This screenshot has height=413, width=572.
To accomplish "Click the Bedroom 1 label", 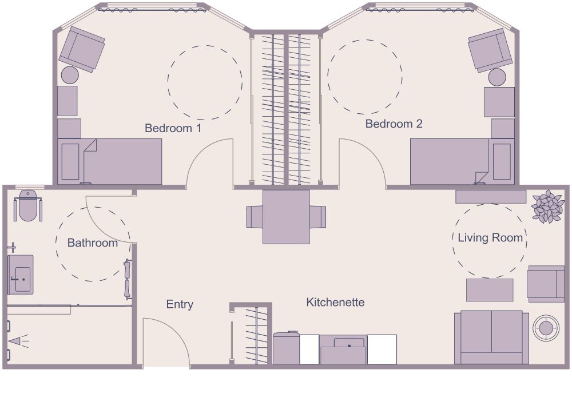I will click(x=173, y=128).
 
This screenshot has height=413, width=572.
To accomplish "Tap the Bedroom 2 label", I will click(x=394, y=124).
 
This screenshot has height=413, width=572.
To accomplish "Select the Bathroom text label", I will click(x=92, y=243).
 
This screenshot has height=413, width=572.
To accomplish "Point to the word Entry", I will click(x=180, y=304).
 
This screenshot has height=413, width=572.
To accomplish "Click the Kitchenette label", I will click(x=335, y=302).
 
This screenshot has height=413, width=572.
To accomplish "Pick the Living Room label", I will click(x=490, y=238).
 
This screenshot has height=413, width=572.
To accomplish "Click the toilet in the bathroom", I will click(x=27, y=206).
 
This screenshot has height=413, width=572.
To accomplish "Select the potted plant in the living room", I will click(x=547, y=206).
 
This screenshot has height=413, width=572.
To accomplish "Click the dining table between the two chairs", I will click(x=286, y=217).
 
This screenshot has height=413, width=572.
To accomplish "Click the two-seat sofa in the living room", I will click(x=491, y=337).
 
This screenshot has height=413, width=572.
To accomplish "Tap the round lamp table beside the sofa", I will click(x=546, y=328).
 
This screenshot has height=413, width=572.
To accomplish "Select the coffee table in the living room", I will click(x=490, y=290).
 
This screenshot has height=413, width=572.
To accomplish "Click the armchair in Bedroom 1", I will click(x=82, y=49).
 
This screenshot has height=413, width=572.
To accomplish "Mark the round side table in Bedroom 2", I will click(x=497, y=77).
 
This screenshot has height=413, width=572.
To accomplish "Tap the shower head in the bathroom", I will click(x=14, y=341).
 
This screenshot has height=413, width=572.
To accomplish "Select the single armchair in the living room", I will click(x=545, y=284).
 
